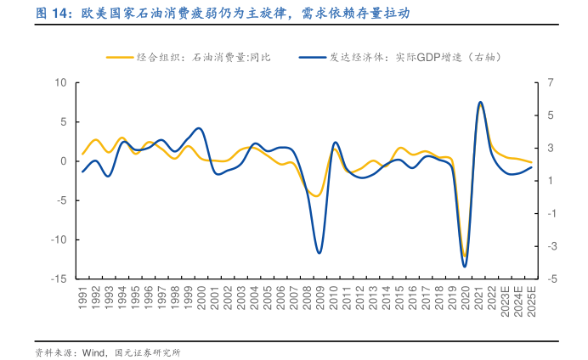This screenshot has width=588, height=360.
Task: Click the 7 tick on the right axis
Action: pyautogui.click(x=551, y=82)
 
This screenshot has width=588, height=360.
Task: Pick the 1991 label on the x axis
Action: pyautogui.click(x=83, y=296)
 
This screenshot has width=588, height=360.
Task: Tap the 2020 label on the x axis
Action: pyautogui.click(x=465, y=296)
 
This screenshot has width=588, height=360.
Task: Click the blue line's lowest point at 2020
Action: pyautogui.click(x=465, y=267)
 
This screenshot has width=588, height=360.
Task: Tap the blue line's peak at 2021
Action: pyautogui.click(x=480, y=102)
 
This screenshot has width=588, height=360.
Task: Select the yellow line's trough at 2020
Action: pyautogui.click(x=465, y=256)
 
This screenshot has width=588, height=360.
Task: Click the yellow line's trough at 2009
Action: pyautogui.click(x=317, y=196)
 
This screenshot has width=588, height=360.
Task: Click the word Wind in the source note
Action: pyautogui.click(x=93, y=352)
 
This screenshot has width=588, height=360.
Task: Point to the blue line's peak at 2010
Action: pyautogui.click(x=335, y=143)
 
